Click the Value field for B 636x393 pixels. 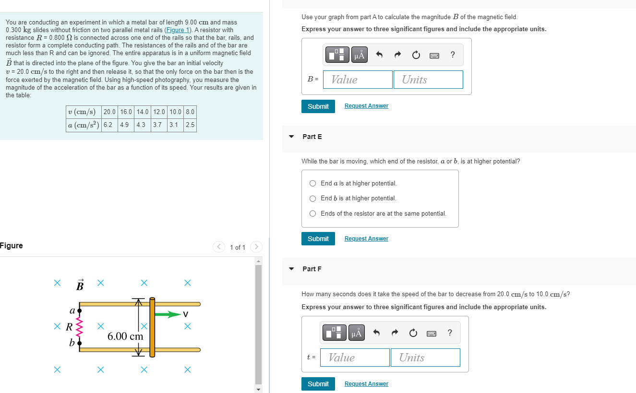click(358, 80)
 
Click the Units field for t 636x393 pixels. click(425, 358)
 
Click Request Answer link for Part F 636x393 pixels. click(366, 384)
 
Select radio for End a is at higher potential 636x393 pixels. click(313, 184)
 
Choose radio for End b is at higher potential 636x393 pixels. click(313, 198)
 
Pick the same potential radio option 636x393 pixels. click(313, 214)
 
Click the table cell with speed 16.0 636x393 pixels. click(126, 112)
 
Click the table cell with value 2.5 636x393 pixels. click(190, 125)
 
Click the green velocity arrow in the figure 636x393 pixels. click(168, 314)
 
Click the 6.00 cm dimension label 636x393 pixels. click(125, 336)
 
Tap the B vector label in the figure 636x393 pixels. click(80, 285)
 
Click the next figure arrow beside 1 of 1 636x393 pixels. click(257, 247)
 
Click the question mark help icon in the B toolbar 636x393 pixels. click(453, 55)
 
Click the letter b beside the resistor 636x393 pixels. click(72, 343)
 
